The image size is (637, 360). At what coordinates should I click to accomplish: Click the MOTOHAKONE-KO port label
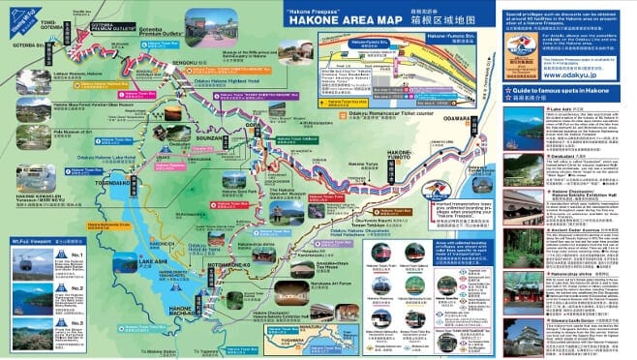226,263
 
